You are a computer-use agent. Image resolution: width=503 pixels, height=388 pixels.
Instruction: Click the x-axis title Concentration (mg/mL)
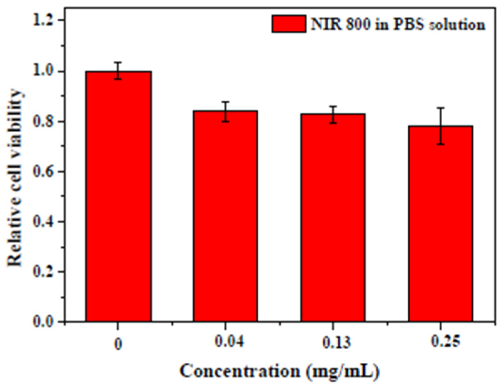pyautogui.click(x=280, y=371)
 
